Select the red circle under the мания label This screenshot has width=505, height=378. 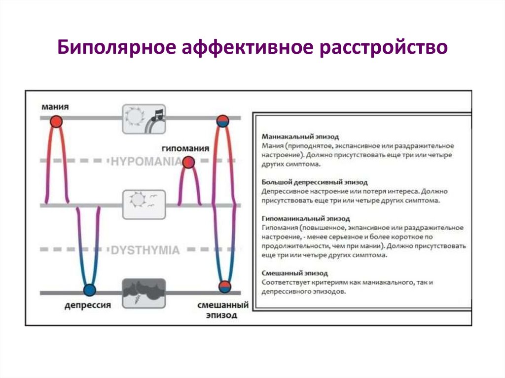point(57,121)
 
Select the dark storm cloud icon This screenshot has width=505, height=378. point(144,293)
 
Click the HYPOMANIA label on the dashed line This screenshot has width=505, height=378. point(146,161)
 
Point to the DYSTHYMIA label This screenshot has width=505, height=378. point(145,250)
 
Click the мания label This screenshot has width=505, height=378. point(55,107)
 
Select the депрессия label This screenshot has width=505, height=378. point(88,306)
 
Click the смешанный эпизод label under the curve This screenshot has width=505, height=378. point(222,310)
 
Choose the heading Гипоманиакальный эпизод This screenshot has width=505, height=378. point(306,218)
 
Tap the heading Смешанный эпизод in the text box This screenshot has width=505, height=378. point(295,273)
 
